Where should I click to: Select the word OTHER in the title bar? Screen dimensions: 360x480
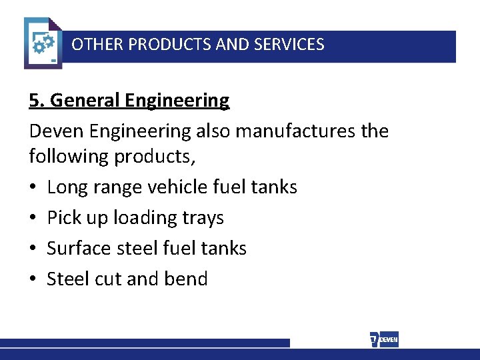click(x=97, y=45)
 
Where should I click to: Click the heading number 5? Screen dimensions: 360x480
click(x=36, y=101)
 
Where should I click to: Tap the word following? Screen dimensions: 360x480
click(x=69, y=157)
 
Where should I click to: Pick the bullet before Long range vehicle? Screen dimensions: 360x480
click(x=33, y=187)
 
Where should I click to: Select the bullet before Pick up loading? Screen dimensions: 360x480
click(x=33, y=218)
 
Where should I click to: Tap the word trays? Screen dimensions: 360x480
click(x=204, y=218)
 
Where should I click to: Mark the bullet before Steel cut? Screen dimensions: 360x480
click(x=33, y=279)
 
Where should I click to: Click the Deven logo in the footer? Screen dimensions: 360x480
click(x=384, y=339)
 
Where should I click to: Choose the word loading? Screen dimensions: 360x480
click(x=148, y=218)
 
